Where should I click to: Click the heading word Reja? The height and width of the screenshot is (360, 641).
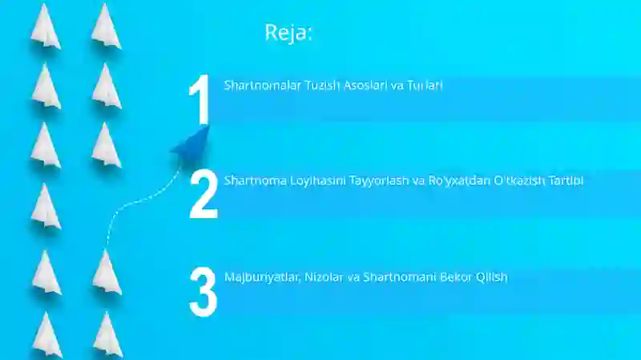point(288,33)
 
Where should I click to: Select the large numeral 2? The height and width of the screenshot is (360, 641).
point(204,195)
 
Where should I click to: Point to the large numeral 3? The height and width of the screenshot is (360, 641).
point(203,291)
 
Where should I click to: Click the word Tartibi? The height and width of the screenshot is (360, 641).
point(566,180)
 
